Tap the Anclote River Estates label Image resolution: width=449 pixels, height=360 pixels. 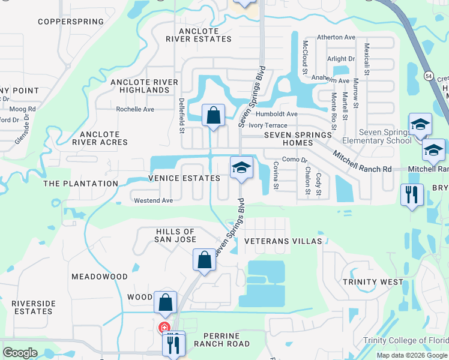click(x=199, y=35)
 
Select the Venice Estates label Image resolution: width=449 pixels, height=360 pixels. click(x=185, y=178)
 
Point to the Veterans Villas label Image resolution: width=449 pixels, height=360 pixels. click(x=283, y=241)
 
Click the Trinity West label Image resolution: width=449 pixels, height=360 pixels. click(x=373, y=281)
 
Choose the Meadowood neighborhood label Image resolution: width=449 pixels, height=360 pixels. click(x=100, y=277)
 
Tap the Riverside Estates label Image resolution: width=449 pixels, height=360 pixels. click(x=33, y=307)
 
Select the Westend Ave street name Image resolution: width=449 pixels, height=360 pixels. click(x=153, y=200)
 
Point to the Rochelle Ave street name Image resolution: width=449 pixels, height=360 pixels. click(x=135, y=109)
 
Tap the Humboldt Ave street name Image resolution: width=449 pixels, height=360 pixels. click(x=276, y=114)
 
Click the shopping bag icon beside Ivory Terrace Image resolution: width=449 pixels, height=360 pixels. click(x=213, y=115)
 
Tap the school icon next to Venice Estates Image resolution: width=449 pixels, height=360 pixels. click(x=241, y=168)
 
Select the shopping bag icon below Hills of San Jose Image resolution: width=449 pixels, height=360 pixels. click(x=204, y=261)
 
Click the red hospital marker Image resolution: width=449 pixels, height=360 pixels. click(x=163, y=328)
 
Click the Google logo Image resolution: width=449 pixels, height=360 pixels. click(x=20, y=353)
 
